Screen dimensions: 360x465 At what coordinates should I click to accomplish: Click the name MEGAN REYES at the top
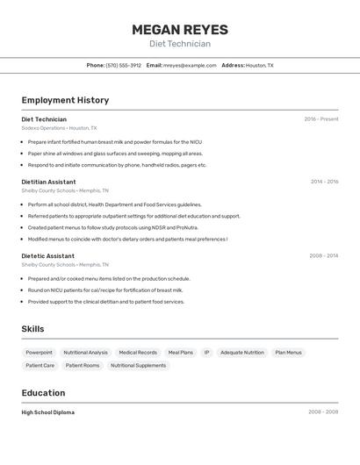point(180,30)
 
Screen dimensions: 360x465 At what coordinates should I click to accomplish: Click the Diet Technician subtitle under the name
point(180,44)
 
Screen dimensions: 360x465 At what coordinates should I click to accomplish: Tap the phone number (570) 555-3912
point(123,65)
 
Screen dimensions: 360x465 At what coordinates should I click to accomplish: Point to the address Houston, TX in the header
point(259,65)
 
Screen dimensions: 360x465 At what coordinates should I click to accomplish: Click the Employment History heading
point(65,100)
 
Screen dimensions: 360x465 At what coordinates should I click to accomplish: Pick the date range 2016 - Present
point(321,119)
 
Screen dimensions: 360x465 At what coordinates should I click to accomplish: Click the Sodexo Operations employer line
point(59,127)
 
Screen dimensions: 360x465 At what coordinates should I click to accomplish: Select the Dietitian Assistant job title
point(48,182)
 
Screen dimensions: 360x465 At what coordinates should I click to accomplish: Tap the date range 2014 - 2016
point(324,182)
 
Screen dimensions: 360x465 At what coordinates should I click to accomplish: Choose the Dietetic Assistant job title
point(47,256)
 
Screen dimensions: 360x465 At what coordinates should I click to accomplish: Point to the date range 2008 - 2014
point(323,256)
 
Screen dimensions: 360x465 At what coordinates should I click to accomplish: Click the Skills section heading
point(32,329)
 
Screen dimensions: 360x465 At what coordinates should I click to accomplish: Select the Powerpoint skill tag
point(39,353)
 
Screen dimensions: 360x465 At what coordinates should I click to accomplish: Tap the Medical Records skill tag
point(138,353)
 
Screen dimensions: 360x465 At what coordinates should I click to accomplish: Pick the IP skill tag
point(206,353)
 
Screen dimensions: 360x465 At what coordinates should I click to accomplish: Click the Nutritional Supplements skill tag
point(138,365)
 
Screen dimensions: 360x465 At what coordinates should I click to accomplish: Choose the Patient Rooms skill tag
point(83,365)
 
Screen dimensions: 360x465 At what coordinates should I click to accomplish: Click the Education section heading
point(43,393)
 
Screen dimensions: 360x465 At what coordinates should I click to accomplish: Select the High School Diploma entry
point(47,412)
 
